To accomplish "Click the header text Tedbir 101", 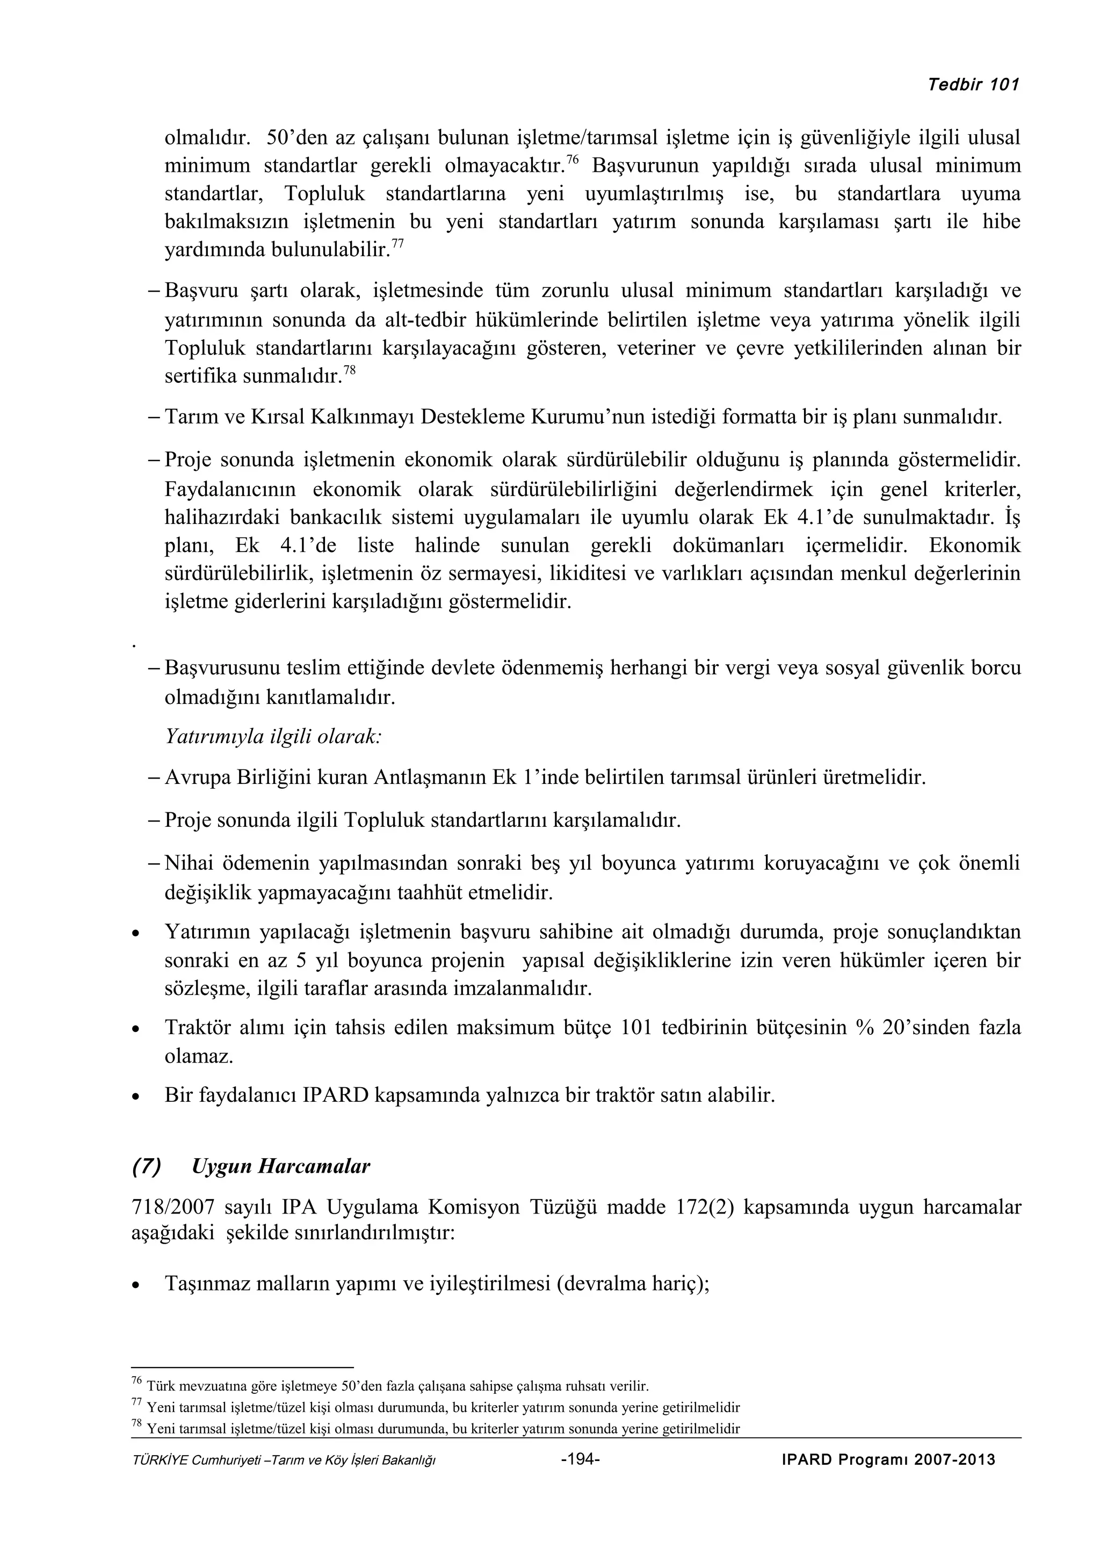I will pos(973,85).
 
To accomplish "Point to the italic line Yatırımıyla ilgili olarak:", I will pos(273,737).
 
